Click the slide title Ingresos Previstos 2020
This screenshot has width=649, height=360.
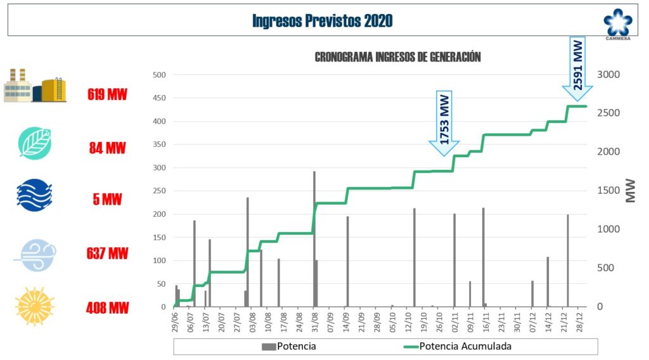(x=322, y=21)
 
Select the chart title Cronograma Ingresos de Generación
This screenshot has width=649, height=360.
(x=397, y=57)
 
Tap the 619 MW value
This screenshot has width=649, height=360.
(x=107, y=95)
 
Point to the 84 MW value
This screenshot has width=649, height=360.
(x=107, y=148)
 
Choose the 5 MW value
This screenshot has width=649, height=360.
(x=107, y=198)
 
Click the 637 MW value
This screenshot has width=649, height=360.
(x=107, y=254)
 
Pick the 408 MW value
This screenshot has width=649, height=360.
(x=107, y=308)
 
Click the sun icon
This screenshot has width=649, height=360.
(x=35, y=307)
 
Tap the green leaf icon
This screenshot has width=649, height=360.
(x=35, y=143)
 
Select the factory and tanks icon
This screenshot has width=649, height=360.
(x=35, y=86)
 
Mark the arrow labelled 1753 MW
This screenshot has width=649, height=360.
(x=445, y=123)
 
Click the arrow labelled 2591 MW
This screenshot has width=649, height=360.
(x=578, y=68)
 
